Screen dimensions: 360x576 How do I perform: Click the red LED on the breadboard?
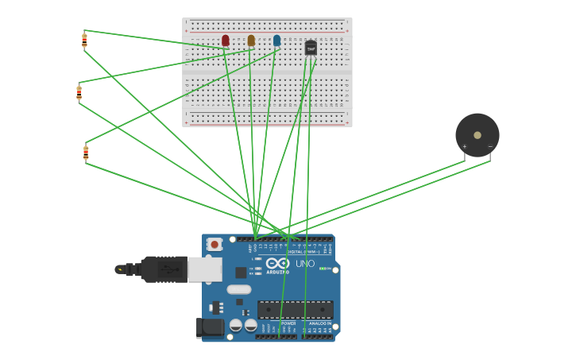(226, 40)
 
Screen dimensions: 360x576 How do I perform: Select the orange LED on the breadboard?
(251, 40)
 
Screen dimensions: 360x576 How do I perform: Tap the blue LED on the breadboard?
(276, 40)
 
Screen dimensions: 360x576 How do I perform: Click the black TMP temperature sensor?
(311, 48)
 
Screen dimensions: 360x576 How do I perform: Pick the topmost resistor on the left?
(84, 40)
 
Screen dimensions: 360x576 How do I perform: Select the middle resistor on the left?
(79, 92)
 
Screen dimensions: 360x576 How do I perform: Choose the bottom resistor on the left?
(86, 153)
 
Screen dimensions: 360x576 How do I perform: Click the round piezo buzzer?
(477, 134)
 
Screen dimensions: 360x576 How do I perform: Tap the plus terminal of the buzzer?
(465, 147)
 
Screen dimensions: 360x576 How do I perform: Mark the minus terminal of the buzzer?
(489, 147)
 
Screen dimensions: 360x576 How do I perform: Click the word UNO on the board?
(305, 264)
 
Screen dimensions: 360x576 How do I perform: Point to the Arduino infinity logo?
(277, 263)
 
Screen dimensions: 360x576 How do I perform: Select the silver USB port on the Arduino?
(205, 269)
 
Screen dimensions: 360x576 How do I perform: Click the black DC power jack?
(209, 327)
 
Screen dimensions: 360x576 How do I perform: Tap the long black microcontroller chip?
(295, 310)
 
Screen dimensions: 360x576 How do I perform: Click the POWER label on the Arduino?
(288, 323)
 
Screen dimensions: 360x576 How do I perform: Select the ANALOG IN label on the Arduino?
(319, 323)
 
